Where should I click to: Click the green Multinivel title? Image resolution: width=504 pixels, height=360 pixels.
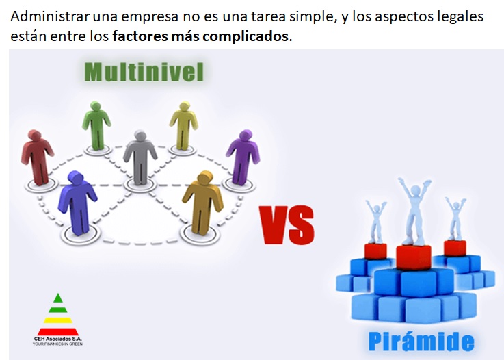point(144,71)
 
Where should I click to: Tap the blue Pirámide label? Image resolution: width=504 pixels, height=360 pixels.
point(420,340)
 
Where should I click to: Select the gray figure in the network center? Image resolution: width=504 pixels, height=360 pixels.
point(140,155)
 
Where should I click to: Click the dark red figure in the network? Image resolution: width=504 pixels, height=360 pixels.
point(38,154)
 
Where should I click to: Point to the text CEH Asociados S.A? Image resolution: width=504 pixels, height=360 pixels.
point(57,337)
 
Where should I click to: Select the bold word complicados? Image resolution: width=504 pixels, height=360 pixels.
point(244,36)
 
